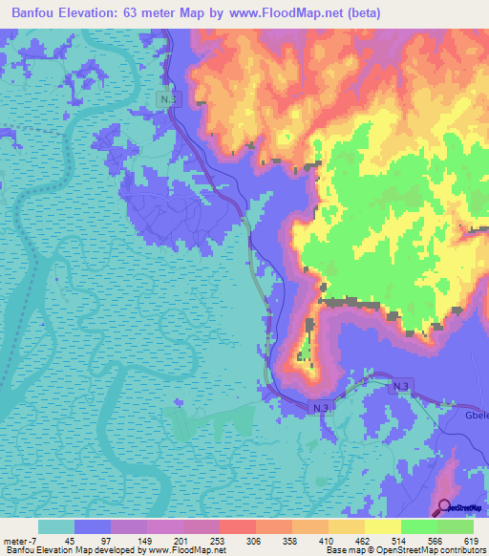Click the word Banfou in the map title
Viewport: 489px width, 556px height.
(36, 12)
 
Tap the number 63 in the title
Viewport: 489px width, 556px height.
(142, 12)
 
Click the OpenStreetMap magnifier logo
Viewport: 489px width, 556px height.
(446, 507)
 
